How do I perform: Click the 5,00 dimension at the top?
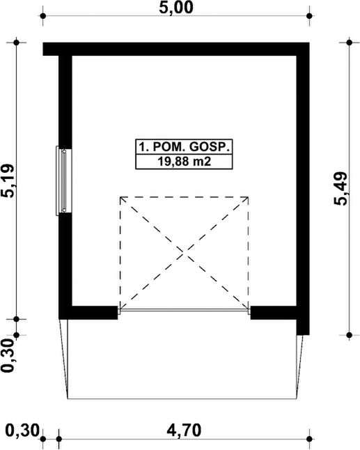point(176,8)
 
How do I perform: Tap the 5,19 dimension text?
point(8,180)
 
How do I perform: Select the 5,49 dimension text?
point(341,189)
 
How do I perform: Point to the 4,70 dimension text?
point(184,430)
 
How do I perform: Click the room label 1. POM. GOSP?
point(184,147)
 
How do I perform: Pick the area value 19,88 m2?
point(184,162)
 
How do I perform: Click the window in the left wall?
point(63,180)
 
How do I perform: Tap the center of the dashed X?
point(184,253)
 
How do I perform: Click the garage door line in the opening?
point(184,310)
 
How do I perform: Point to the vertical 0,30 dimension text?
point(8,355)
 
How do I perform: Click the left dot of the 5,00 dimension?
point(43,16)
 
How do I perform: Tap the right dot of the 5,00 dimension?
point(309,16)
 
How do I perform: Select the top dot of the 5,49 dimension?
point(349,42)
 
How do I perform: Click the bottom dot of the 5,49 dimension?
point(349,335)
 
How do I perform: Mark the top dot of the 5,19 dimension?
point(16,42)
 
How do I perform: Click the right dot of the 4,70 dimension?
point(309,439)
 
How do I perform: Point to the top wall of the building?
point(176,49)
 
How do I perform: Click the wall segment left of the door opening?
point(88,313)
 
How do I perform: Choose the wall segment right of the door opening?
point(274,313)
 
